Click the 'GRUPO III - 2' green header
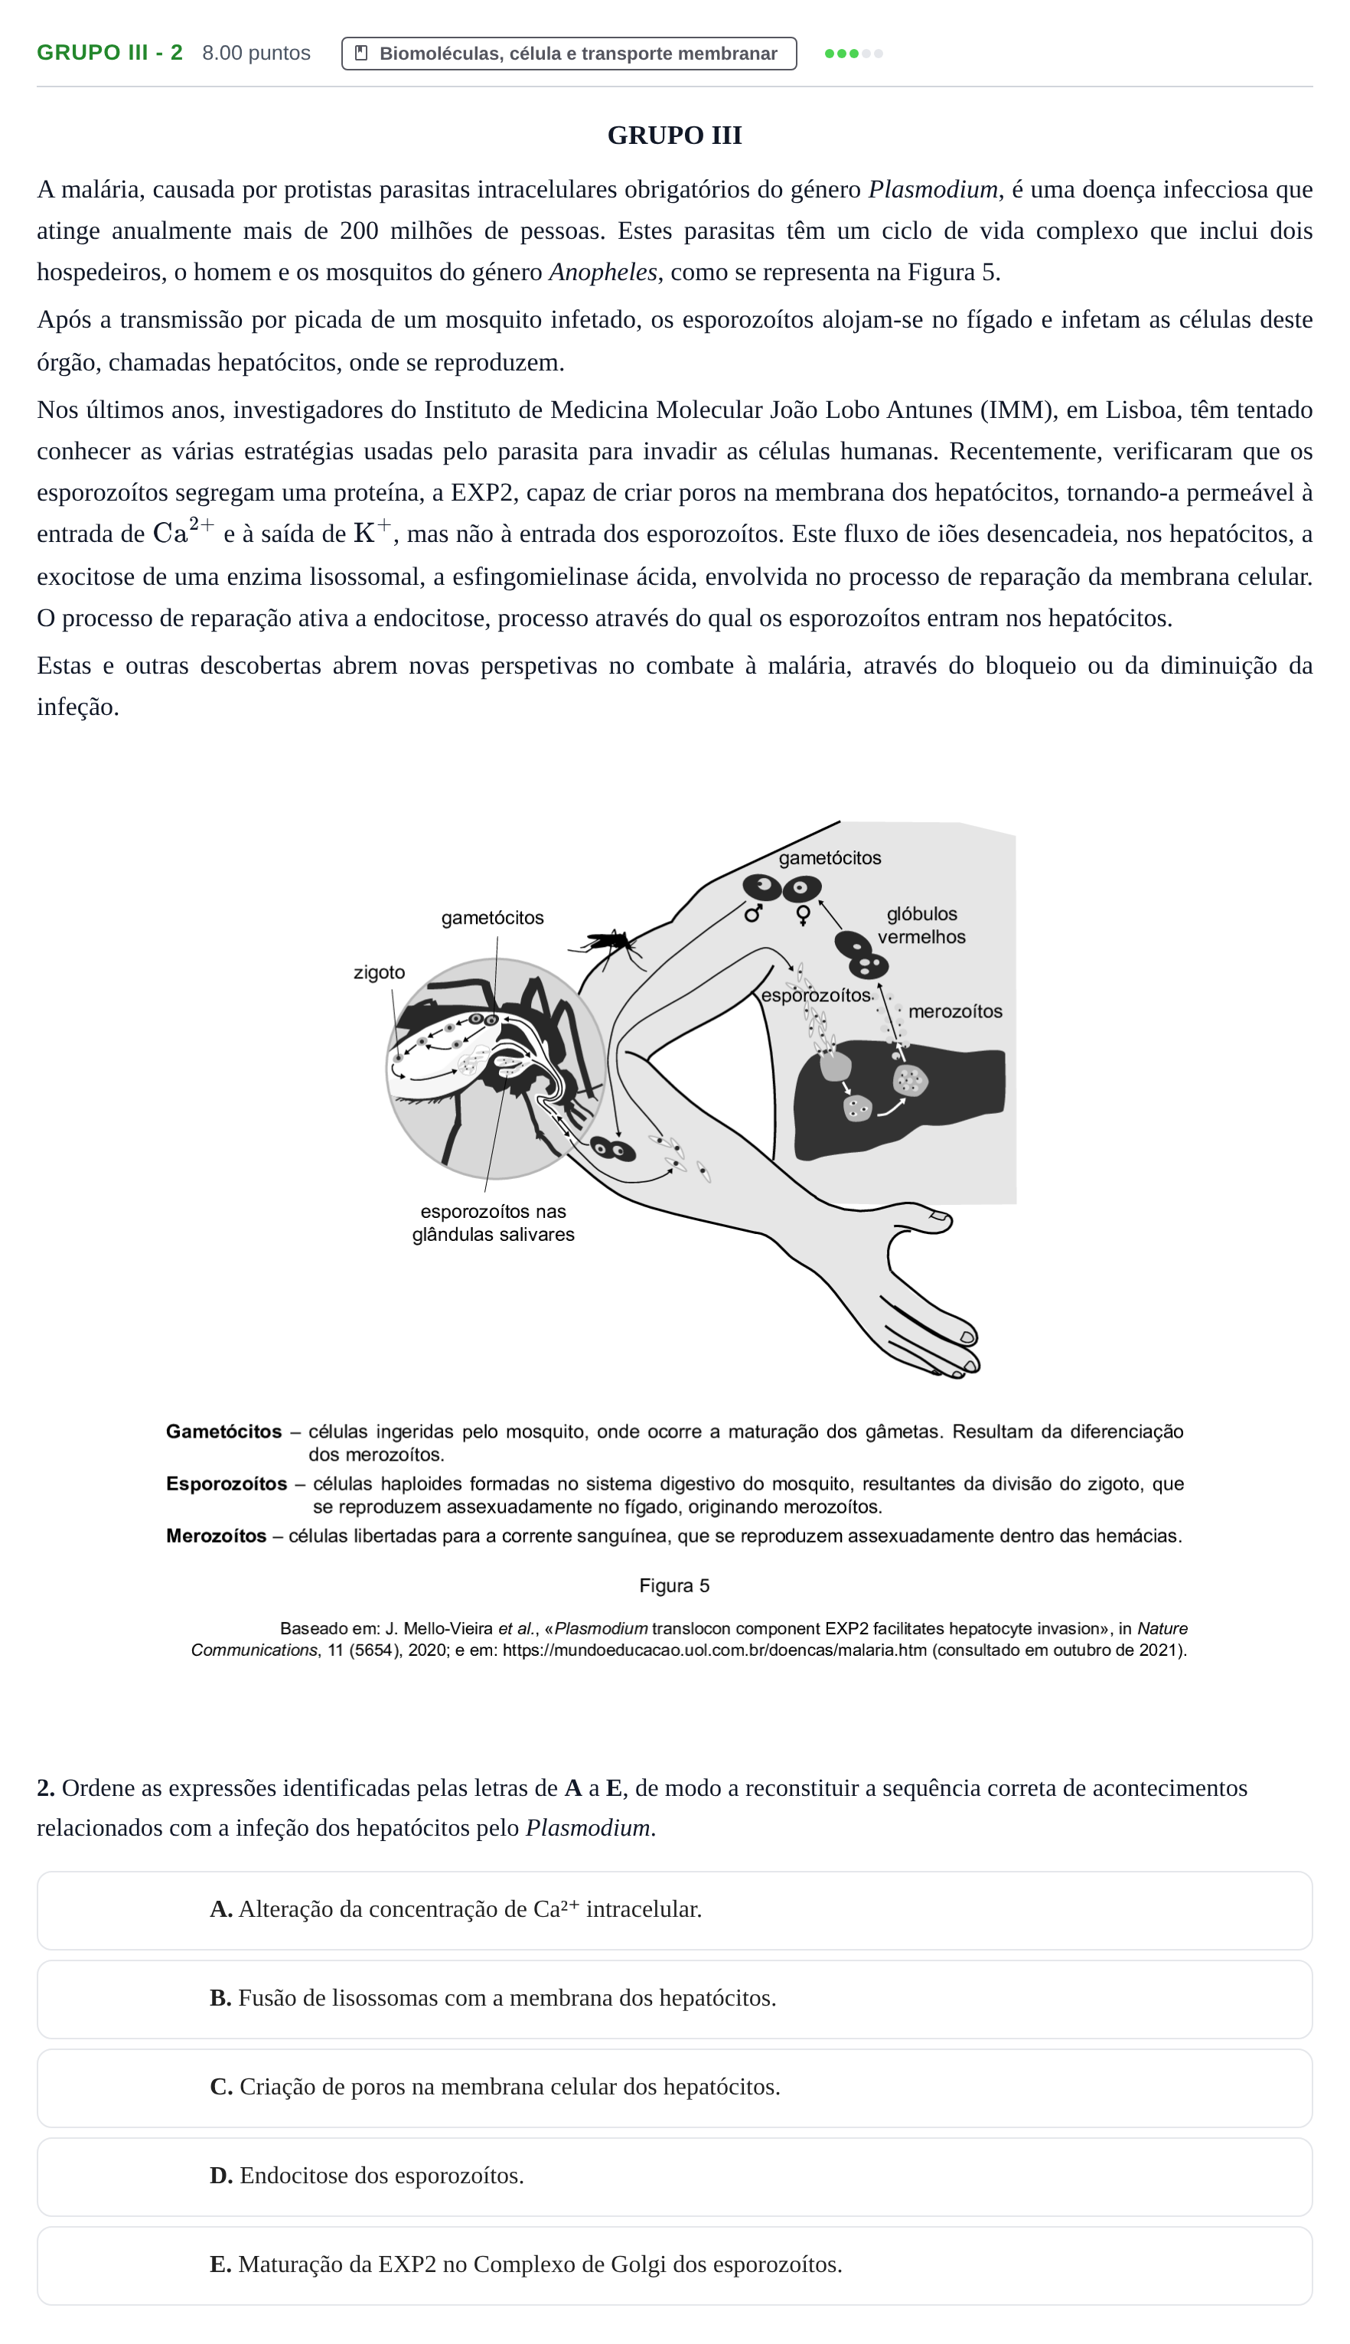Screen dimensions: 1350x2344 pyautogui.click(x=109, y=53)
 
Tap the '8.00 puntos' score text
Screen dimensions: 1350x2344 pyautogui.click(x=256, y=53)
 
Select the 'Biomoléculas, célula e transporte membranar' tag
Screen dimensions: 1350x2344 pyautogui.click(x=569, y=54)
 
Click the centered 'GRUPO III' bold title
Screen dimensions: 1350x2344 pyautogui.click(x=674, y=135)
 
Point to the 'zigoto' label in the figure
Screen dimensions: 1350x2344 pyautogui.click(x=380, y=971)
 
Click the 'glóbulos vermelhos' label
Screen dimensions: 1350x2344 pyautogui.click(x=921, y=926)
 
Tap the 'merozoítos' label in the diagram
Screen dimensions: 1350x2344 pyautogui.click(x=955, y=1010)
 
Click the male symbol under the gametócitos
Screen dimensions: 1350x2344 pyautogui.click(x=753, y=913)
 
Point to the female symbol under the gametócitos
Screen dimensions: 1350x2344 pyautogui.click(x=803, y=915)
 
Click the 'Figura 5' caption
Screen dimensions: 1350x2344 pyautogui.click(x=674, y=1585)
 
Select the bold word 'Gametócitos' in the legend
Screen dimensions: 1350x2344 pyautogui.click(x=223, y=1431)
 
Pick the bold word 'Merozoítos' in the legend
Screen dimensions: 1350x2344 pyautogui.click(x=216, y=1536)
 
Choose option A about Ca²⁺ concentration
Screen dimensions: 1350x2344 pyautogui.click(x=674, y=1910)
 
